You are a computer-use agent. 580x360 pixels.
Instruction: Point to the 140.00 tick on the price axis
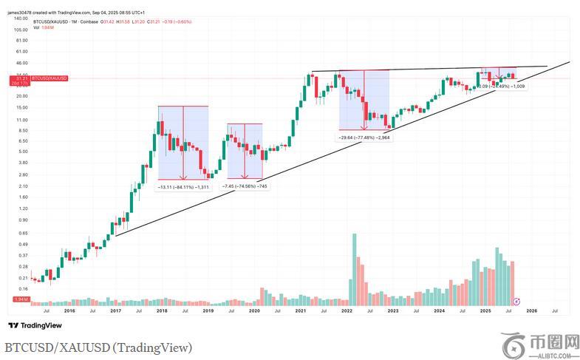21,17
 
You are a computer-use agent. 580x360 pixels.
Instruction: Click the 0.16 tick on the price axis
22,288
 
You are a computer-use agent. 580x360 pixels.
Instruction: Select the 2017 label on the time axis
115,311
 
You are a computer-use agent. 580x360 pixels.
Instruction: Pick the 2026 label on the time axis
531,311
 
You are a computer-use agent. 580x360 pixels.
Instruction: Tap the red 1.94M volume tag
21,299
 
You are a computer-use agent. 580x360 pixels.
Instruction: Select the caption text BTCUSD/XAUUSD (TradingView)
98,347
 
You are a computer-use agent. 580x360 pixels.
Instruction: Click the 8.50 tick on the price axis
21,130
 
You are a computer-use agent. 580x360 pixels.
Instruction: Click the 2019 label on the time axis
208,311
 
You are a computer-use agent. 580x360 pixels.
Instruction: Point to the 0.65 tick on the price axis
22,233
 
